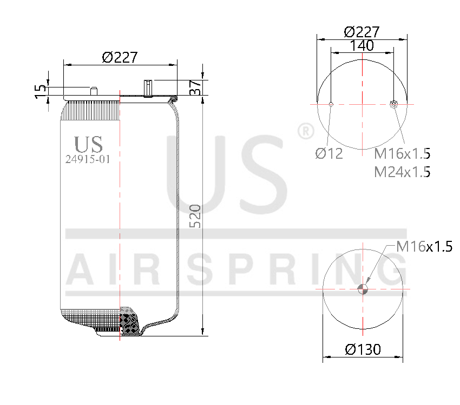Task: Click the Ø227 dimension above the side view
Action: pos(120,57)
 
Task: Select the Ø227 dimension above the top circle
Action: pos(361,32)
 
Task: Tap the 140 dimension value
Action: pos(362,46)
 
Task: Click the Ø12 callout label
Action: pos(329,153)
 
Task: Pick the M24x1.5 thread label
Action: pos(402,172)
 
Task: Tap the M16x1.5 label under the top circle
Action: pos(402,153)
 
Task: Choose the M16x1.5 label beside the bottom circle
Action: pos(424,247)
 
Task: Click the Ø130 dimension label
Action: pos(363,349)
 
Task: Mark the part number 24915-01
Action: pos(88,159)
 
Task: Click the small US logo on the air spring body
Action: pos(88,144)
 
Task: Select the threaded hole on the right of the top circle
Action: pos(393,104)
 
